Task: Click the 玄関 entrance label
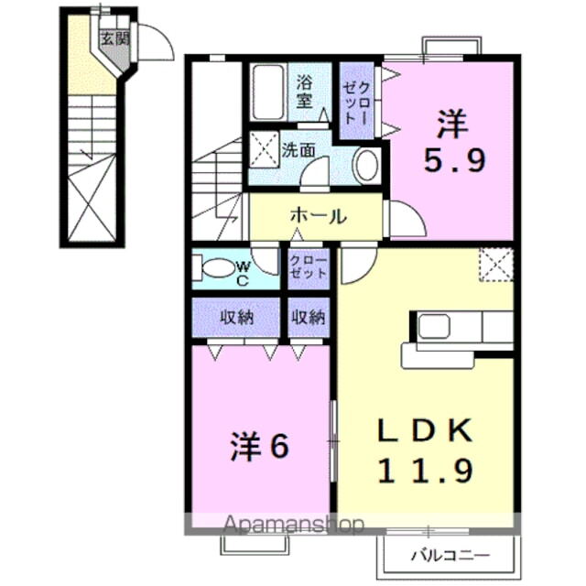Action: pos(114,38)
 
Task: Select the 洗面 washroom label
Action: pos(298,148)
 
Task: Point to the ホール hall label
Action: pos(318,216)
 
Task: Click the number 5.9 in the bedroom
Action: pos(454,161)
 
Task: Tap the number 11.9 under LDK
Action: pos(426,471)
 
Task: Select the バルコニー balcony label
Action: pos(449,555)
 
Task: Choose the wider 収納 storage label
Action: pos(235,318)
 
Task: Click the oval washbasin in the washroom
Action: pos(365,166)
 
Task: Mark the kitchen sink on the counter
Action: pos(434,326)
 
